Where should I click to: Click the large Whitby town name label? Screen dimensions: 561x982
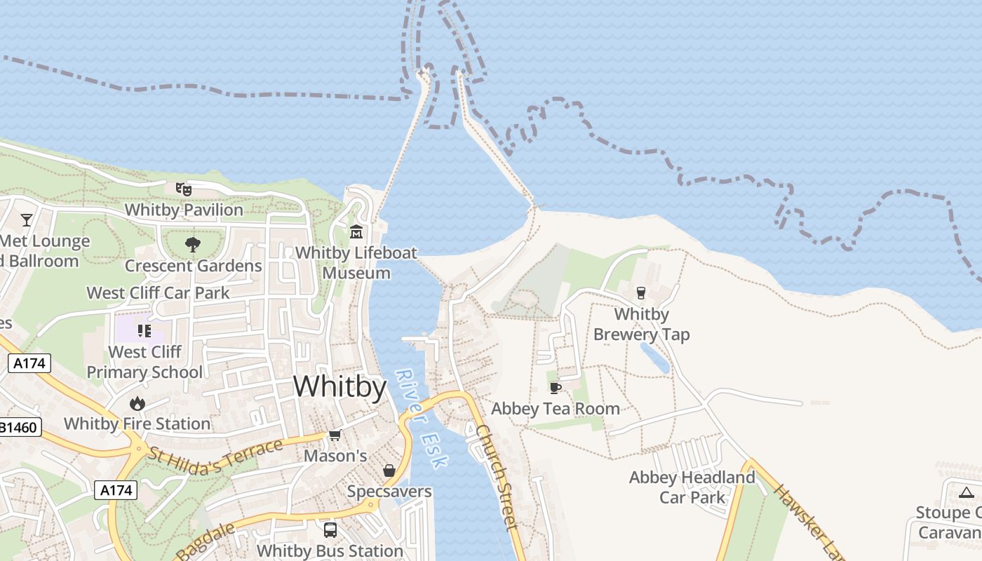click(339, 386)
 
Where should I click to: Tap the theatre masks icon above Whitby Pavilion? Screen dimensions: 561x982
click(183, 189)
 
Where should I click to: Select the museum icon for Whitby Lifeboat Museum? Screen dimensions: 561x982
click(356, 231)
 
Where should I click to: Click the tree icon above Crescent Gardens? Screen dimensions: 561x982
click(193, 245)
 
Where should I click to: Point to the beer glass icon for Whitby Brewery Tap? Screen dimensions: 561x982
click(640, 292)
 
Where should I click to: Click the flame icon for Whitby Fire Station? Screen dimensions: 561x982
click(137, 403)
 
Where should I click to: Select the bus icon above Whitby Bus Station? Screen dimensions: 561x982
click(330, 530)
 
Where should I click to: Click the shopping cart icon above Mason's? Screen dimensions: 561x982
click(335, 435)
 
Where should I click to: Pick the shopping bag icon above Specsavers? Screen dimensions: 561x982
click(389, 471)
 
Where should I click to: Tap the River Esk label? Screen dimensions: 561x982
click(421, 419)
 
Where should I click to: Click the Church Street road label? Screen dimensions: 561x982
click(497, 477)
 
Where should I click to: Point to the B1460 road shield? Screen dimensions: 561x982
click(18, 426)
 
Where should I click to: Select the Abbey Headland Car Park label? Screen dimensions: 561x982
click(692, 487)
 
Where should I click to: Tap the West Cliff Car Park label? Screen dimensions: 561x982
click(158, 292)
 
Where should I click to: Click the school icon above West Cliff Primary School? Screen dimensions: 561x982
click(144, 330)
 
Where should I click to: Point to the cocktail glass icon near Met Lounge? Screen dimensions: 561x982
click(27, 219)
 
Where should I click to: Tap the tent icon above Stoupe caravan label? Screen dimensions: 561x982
click(967, 492)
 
